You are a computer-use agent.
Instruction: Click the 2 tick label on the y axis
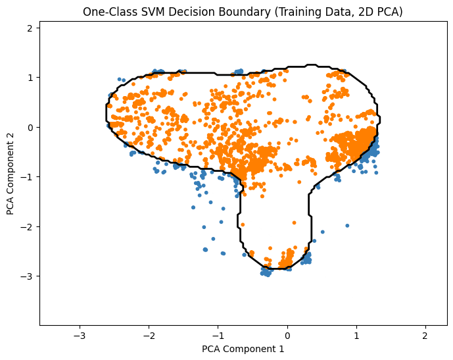[30, 28]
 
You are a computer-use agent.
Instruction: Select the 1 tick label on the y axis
[30, 77]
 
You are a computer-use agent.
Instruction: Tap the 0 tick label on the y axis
[30, 127]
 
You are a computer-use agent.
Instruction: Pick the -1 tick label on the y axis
[28, 176]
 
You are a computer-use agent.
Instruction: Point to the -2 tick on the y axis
[28, 226]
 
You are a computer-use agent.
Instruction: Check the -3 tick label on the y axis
[28, 276]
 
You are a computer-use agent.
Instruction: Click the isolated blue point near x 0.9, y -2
[347, 226]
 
